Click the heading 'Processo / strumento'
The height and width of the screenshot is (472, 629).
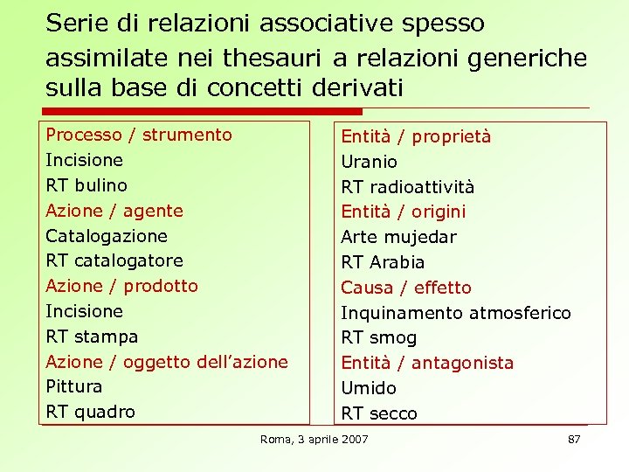[139, 135]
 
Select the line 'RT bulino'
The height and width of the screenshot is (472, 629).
[86, 185]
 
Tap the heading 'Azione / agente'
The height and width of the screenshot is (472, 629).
[114, 211]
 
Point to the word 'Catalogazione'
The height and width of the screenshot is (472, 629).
[107, 236]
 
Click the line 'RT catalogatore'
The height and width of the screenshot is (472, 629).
[114, 260]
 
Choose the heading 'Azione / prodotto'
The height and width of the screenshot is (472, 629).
[121, 286]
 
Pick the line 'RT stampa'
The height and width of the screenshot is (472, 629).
[92, 337]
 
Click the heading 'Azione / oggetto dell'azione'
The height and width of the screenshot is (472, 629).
[167, 362]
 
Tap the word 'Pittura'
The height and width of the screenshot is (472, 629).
[74, 386]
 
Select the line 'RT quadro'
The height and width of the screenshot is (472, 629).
[90, 412]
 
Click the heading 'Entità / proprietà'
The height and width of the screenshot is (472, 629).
[416, 136]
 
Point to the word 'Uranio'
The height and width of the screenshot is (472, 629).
[369, 162]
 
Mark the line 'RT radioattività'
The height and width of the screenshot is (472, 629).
[407, 187]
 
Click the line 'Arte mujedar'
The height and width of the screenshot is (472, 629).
[398, 237]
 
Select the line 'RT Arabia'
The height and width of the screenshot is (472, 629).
[383, 262]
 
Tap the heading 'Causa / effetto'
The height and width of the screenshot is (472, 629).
[405, 288]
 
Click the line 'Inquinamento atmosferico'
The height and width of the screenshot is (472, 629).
[455, 313]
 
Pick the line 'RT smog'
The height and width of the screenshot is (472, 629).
[378, 337]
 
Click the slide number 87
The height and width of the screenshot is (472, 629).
[574, 439]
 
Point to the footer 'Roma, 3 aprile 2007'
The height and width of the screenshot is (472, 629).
[314, 439]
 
